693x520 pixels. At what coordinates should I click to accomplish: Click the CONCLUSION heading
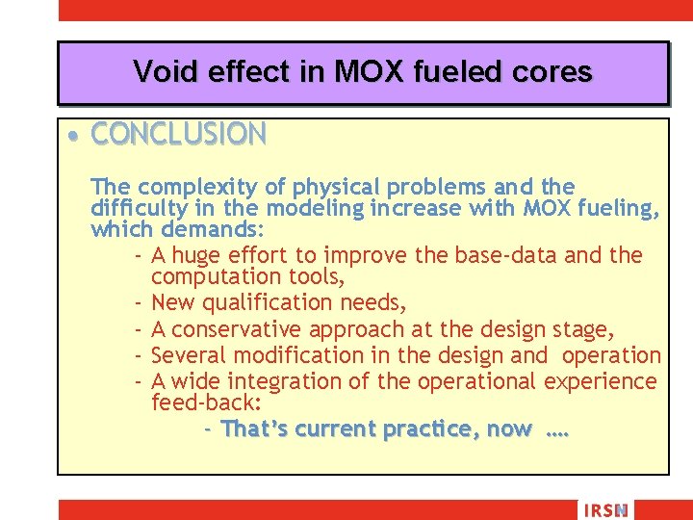[178, 134]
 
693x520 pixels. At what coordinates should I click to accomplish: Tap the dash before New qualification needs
[140, 303]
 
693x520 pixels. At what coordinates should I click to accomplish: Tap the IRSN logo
[604, 510]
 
